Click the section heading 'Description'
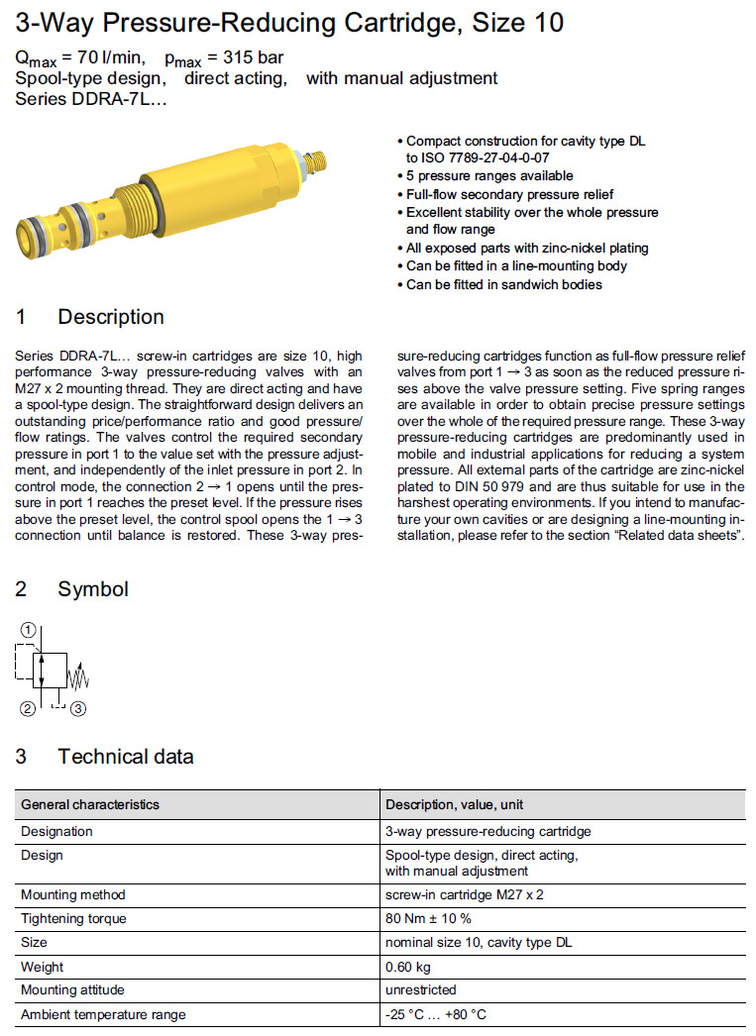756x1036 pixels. [x=110, y=317]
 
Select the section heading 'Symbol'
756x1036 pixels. [x=92, y=589]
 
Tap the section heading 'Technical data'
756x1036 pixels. [x=125, y=757]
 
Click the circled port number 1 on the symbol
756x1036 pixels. [x=31, y=629]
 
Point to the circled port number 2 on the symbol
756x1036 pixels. [x=28, y=707]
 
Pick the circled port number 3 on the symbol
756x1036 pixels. [x=79, y=707]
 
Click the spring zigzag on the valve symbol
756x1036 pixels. [x=78, y=678]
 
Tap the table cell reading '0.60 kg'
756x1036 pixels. [x=408, y=966]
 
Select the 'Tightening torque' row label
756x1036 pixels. [x=73, y=918]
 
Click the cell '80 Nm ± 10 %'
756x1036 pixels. [x=428, y=918]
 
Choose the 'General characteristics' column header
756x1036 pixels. [x=90, y=804]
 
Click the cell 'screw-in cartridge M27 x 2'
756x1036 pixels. [x=465, y=894]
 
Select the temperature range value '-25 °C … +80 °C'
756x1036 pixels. [x=436, y=1014]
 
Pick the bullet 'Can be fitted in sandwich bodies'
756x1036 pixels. [x=503, y=284]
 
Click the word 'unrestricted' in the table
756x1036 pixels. [x=420, y=989]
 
